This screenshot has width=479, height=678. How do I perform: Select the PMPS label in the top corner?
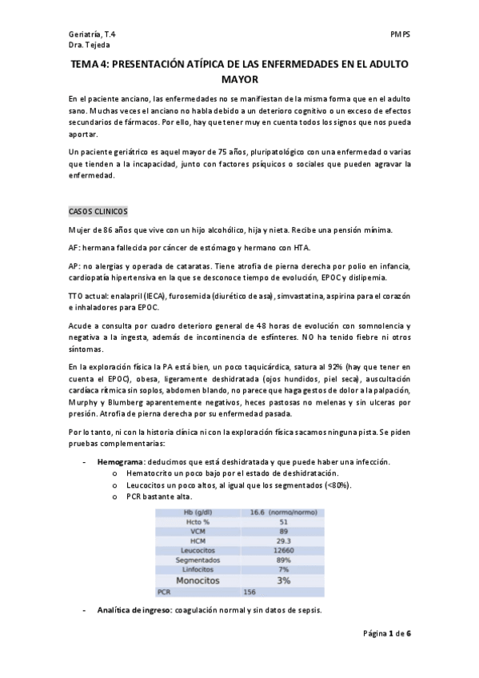[x=400, y=36]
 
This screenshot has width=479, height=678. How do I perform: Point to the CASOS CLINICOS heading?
[x=97, y=211]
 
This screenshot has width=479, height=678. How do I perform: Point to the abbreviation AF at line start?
[x=74, y=247]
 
